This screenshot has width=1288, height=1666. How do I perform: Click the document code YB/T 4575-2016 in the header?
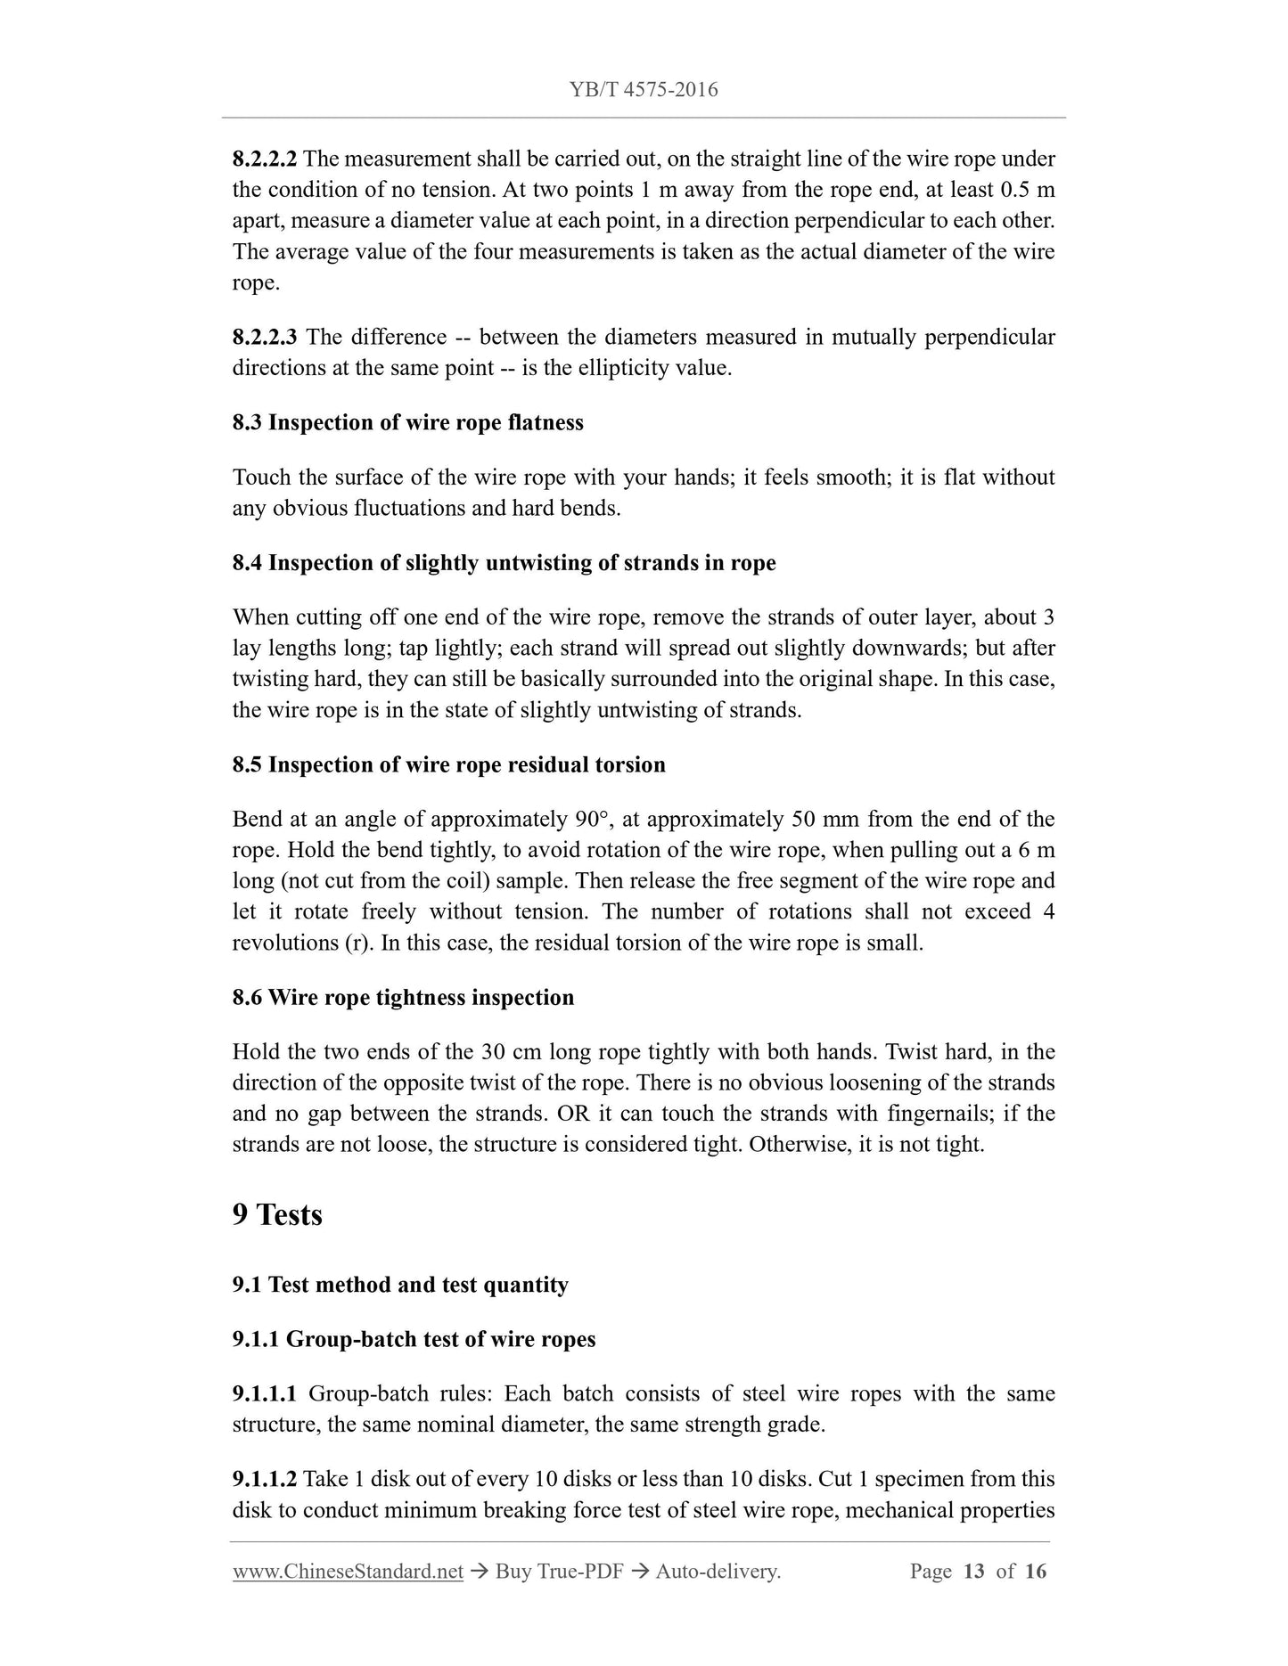coord(644,89)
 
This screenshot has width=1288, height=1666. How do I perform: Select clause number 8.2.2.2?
coord(265,159)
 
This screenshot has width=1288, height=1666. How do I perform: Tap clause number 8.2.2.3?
coord(265,337)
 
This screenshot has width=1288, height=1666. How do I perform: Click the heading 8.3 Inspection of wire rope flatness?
coord(407,422)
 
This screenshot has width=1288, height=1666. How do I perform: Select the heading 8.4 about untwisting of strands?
coord(504,563)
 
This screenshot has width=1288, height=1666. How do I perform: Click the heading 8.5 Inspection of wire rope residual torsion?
coord(448,764)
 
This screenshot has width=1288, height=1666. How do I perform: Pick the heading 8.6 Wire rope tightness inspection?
coord(403,997)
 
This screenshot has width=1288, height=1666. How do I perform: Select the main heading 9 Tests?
coord(277,1214)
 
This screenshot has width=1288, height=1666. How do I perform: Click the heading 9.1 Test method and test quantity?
coord(400,1285)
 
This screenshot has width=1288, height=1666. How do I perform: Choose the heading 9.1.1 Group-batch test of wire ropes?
coord(414,1339)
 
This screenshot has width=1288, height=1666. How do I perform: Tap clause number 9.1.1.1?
coord(265,1393)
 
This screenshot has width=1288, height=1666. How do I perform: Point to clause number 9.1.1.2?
coord(265,1479)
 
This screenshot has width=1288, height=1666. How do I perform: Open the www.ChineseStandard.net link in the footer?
coord(348,1572)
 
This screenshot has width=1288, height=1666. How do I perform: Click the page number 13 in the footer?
coord(973,1572)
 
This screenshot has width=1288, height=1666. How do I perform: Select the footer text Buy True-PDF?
coord(559,1572)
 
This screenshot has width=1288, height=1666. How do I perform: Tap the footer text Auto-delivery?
coord(718,1572)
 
